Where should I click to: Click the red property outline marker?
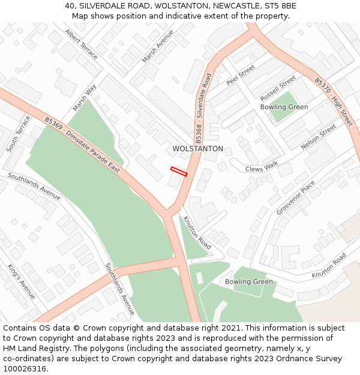tap(179, 172)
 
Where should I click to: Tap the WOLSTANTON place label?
tap(197, 149)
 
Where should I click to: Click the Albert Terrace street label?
tap(82, 44)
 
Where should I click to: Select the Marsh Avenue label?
tap(158, 46)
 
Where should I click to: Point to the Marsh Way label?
tap(85, 98)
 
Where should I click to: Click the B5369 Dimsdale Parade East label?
tap(82, 145)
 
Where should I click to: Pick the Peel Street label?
tap(241, 74)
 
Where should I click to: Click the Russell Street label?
tap(278, 88)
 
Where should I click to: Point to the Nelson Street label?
tap(319, 137)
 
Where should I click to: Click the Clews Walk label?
tap(262, 168)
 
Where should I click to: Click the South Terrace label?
tap(19, 133)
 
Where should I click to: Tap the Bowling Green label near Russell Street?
tap(284, 107)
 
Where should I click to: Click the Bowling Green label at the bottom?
tap(248, 282)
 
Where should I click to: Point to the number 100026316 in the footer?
tap(24, 369)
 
